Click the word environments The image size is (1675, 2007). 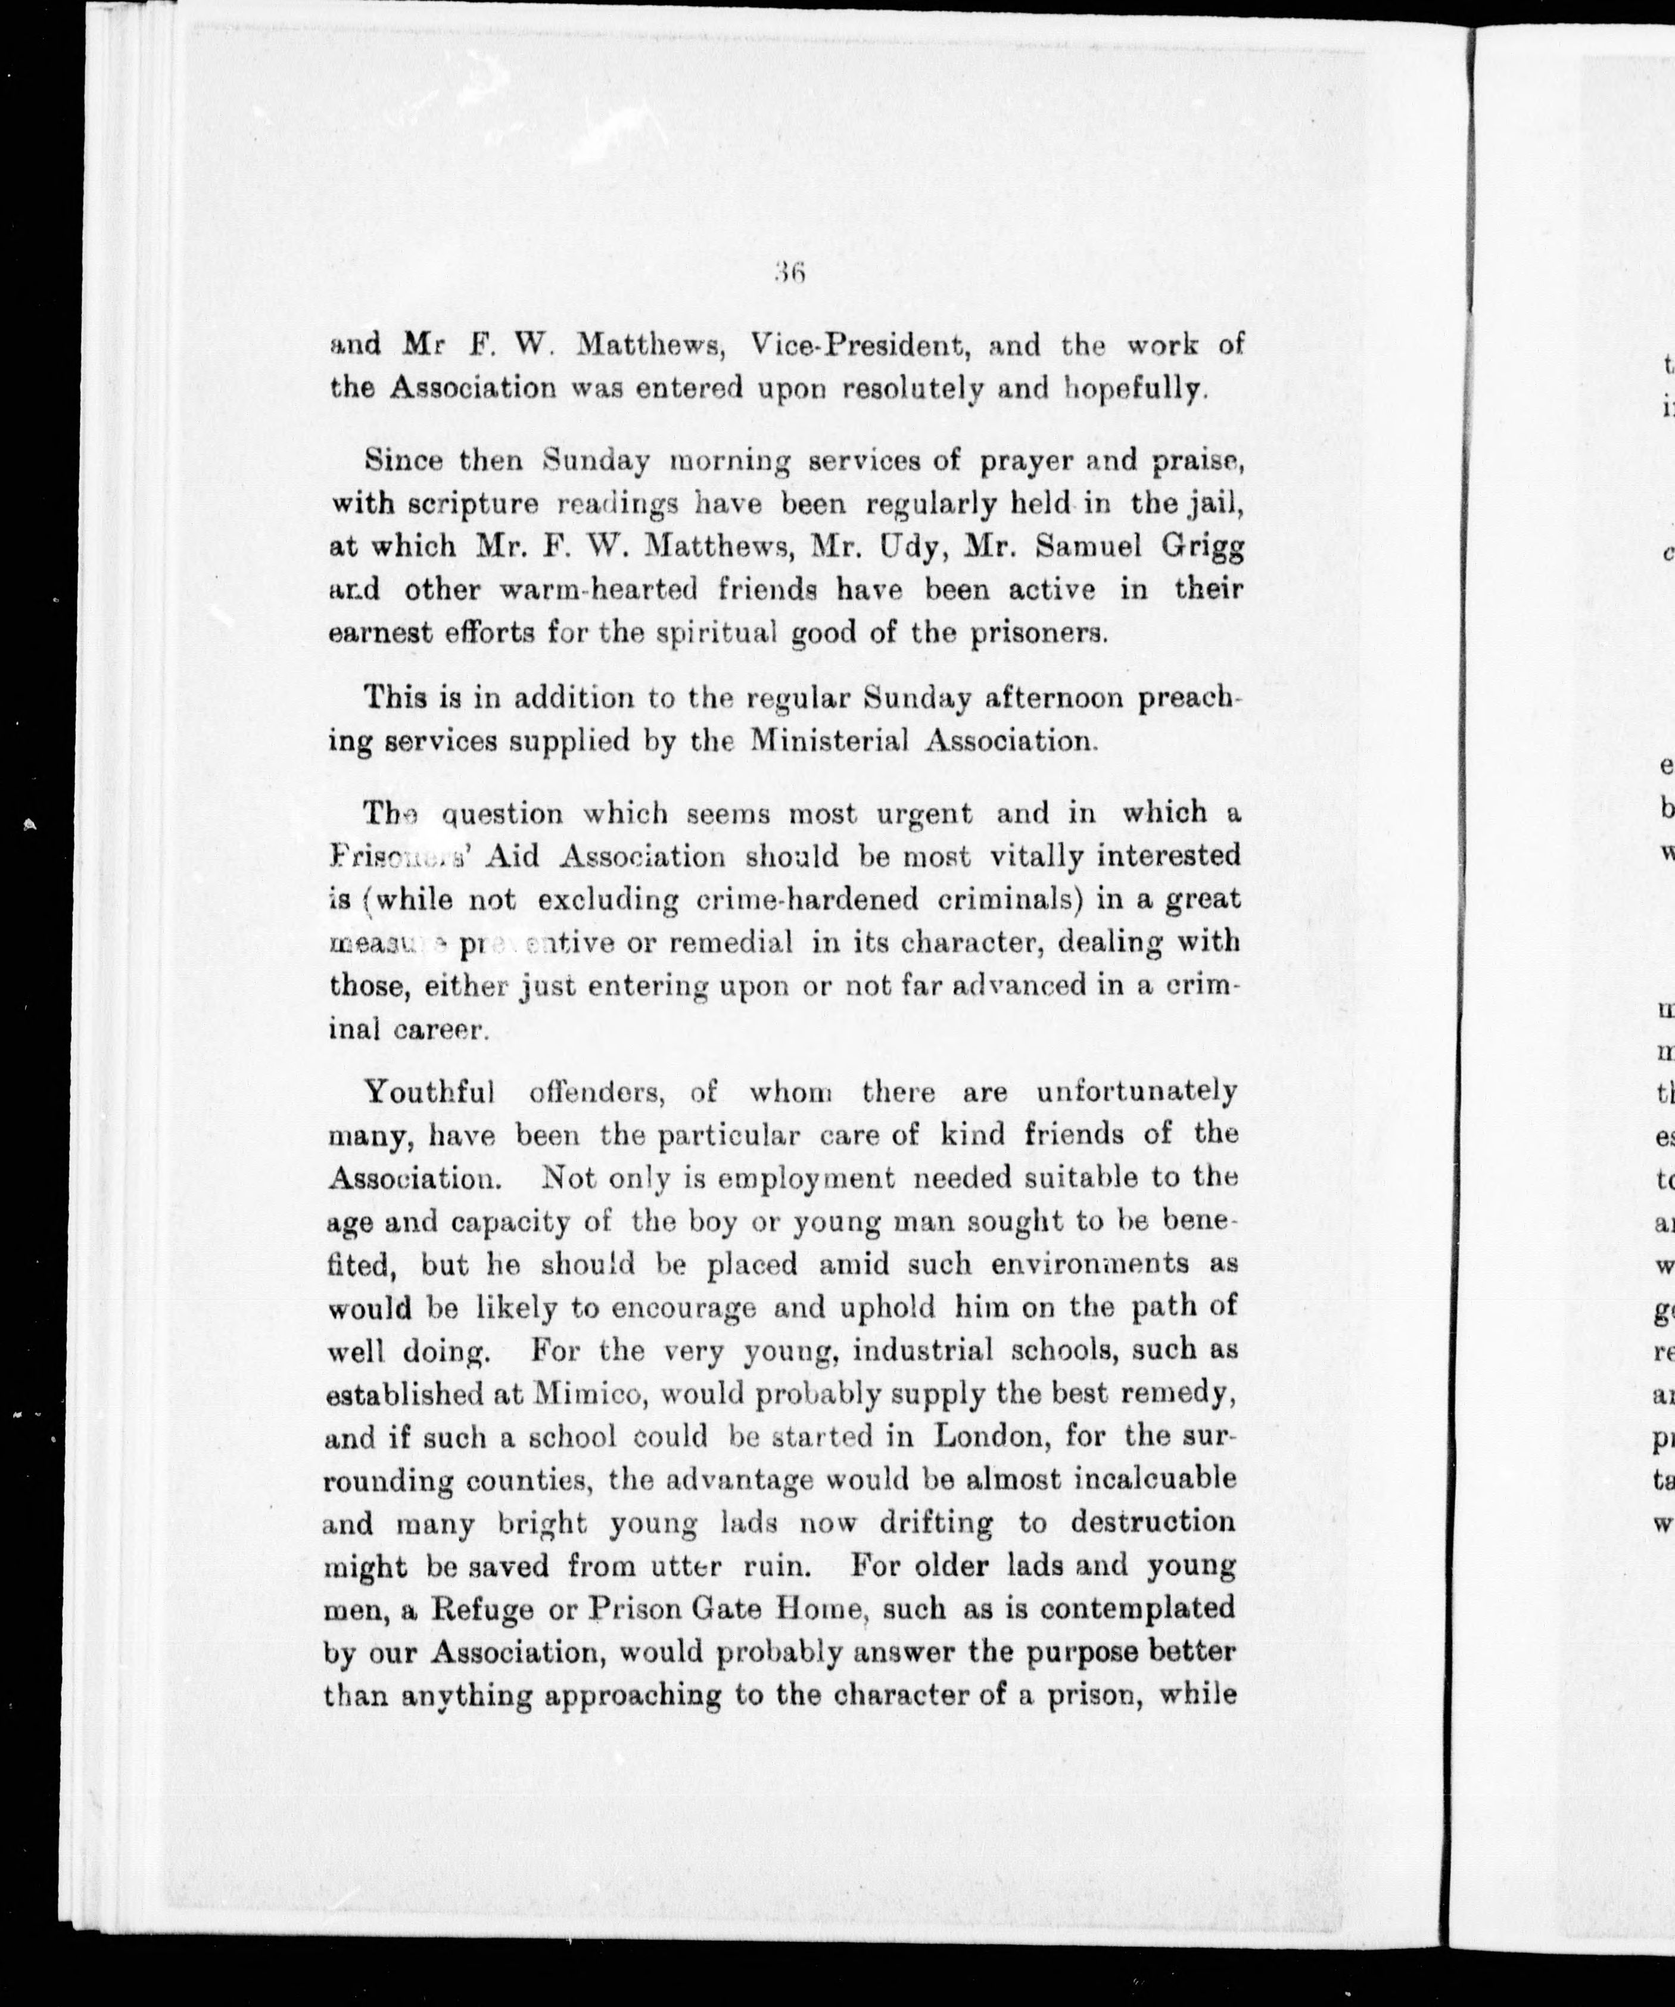pyautogui.click(x=1089, y=1265)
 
